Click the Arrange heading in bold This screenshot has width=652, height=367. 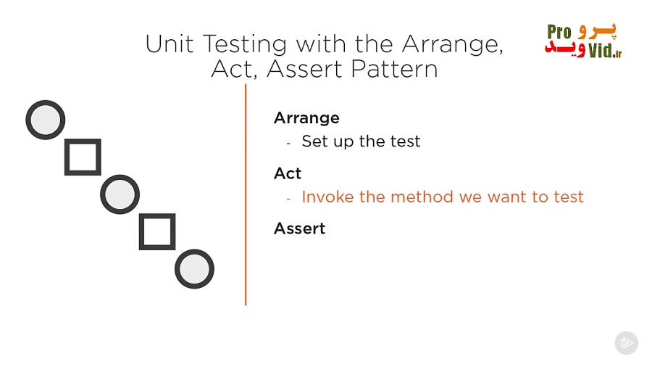[306, 117]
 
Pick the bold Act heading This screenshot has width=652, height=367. [288, 173]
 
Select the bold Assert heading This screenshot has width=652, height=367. [299, 228]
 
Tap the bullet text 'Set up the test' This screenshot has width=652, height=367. [361, 141]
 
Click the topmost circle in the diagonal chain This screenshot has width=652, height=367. [46, 120]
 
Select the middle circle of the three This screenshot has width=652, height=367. [120, 194]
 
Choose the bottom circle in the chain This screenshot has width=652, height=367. [194, 269]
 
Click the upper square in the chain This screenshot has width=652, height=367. [83, 157]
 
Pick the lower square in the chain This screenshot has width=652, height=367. [157, 232]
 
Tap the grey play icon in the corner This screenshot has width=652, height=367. [626, 342]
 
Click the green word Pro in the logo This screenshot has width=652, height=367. [559, 32]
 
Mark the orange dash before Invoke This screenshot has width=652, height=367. [288, 198]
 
